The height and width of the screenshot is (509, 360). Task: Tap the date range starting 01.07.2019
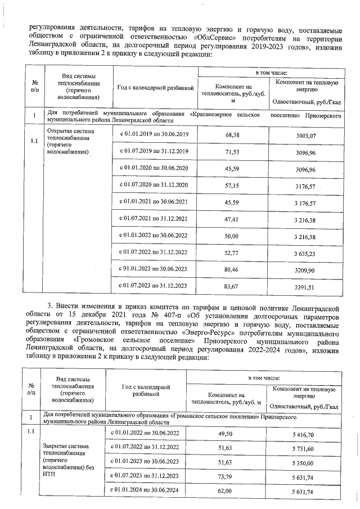[154, 152]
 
